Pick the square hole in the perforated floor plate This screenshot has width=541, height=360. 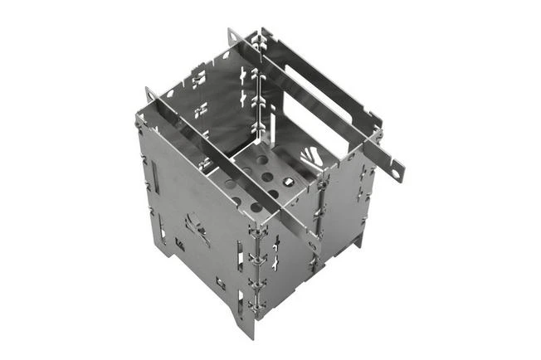(287, 180)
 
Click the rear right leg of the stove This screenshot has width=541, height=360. (359, 241)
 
